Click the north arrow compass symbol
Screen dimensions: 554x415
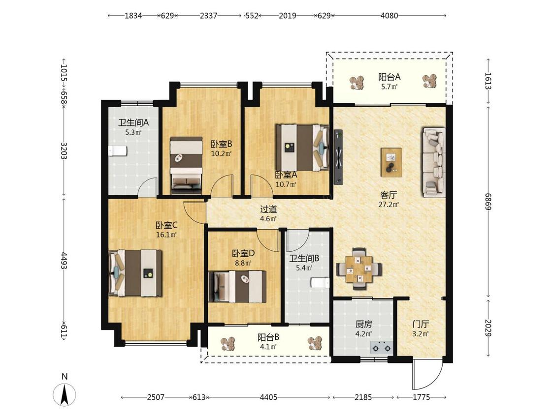pos(64,394)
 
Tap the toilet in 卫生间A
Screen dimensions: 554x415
pos(117,150)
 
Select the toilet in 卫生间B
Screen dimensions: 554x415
pos(321,283)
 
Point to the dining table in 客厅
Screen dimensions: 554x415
pos(359,269)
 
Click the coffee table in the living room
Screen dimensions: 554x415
pos(391,162)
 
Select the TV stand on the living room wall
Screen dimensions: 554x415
pos(338,157)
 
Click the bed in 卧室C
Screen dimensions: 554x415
pos(136,273)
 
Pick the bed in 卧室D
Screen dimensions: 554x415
pos(237,287)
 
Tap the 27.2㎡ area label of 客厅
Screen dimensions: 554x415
pos(389,205)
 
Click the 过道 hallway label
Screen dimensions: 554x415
pos(268,209)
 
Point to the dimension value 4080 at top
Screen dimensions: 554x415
pos(390,16)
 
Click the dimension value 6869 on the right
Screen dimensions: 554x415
pos(488,201)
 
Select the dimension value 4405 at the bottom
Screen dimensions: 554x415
pos(268,397)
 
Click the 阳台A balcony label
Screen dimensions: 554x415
pos(390,77)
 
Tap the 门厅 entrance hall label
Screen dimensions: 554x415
pos(421,324)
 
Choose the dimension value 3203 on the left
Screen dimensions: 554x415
pos(64,150)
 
